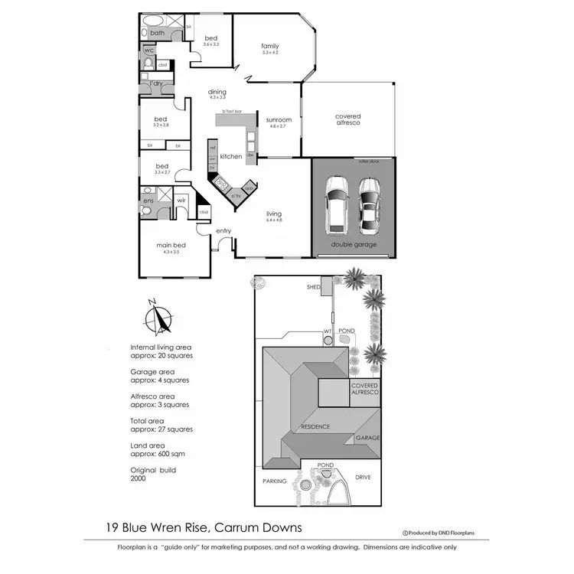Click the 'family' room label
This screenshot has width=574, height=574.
click(269, 46)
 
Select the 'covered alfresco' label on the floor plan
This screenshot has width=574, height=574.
click(347, 120)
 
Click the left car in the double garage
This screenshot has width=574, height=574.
click(336, 205)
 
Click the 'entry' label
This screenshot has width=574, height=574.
click(223, 230)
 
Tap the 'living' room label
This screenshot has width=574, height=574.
click(273, 214)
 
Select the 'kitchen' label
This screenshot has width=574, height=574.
click(231, 156)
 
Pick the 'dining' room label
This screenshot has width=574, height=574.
click(217, 93)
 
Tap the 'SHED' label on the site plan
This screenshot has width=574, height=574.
click(313, 287)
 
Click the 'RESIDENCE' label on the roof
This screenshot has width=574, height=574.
click(315, 426)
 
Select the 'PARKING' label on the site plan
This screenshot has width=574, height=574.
click(274, 481)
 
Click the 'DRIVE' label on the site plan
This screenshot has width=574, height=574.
click(363, 477)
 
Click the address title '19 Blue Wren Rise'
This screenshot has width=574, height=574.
click(158, 527)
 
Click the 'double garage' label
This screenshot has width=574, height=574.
click(353, 245)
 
